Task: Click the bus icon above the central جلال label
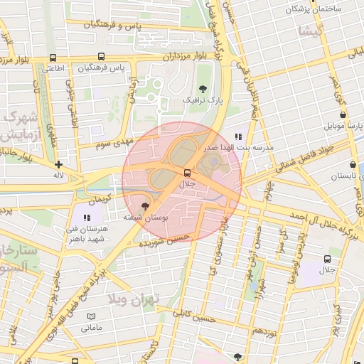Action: (x=187, y=173)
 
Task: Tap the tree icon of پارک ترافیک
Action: (x=204, y=89)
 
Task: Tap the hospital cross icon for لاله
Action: (x=58, y=164)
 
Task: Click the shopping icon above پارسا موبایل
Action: (x=343, y=114)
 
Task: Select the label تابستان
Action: (x=338, y=175)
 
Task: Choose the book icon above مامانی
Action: (x=91, y=316)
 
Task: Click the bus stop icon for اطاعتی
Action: (x=53, y=58)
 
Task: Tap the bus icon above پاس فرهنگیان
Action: (x=102, y=56)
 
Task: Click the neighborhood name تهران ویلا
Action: (x=135, y=299)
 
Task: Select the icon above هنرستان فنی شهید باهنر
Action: (x=87, y=218)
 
